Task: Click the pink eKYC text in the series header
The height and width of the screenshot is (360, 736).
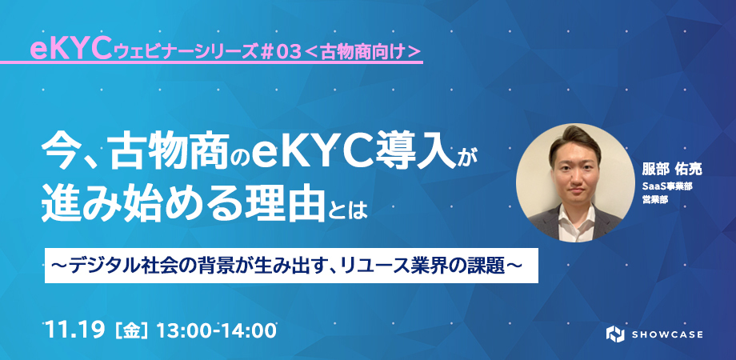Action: pos(70,50)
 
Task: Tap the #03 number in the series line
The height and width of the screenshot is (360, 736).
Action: pos(280,53)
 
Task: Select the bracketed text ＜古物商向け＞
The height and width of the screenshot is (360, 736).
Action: pos(362,53)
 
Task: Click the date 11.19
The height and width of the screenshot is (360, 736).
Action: pos(75,330)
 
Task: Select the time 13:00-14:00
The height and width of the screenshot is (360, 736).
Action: pos(216,330)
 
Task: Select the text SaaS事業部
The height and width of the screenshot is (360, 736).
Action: pos(668,187)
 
